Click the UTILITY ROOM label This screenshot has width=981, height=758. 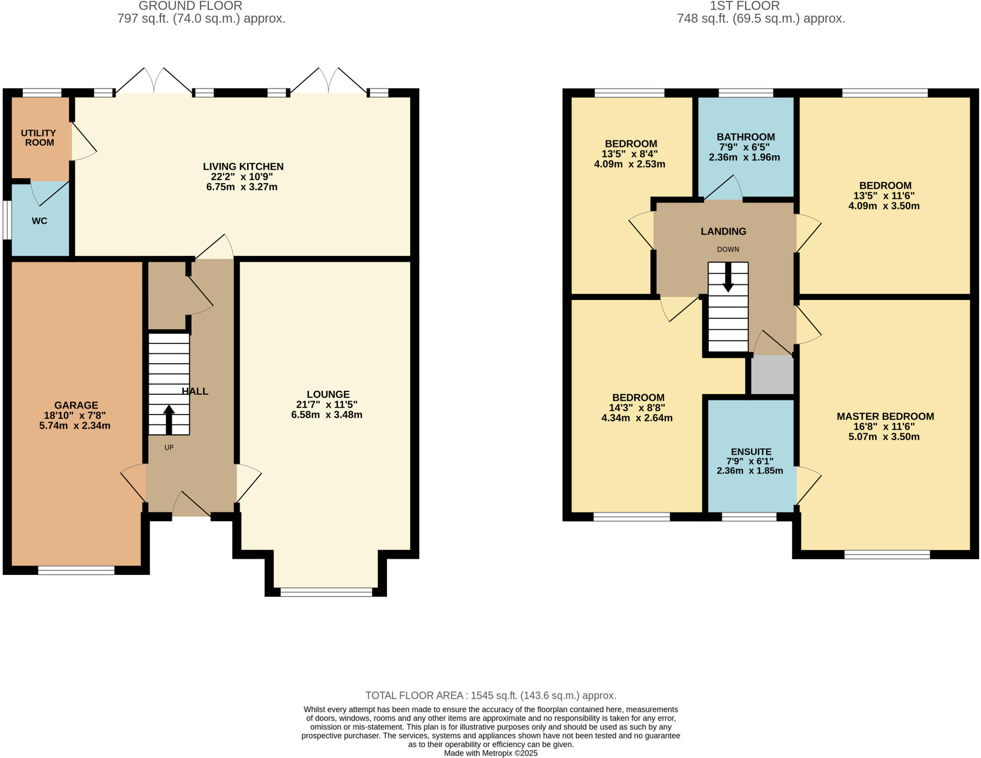click(38, 138)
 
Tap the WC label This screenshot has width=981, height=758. click(39, 221)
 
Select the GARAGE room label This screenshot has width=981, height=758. click(76, 405)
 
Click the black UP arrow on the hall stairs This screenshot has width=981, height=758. click(169, 419)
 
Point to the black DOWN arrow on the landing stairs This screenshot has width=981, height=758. click(728, 277)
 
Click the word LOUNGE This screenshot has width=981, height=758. click(328, 394)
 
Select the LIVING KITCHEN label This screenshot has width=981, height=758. click(243, 167)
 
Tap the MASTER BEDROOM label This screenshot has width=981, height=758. click(885, 416)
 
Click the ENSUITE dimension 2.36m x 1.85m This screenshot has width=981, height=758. click(750, 471)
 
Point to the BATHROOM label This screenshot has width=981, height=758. click(746, 137)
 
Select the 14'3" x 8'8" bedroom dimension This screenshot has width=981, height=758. click(637, 408)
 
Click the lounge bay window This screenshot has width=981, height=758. click(326, 592)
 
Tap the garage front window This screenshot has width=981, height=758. click(76, 570)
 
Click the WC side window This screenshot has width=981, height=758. click(7, 220)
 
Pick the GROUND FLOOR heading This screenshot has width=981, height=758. click(190, 6)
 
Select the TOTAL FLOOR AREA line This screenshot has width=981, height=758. click(490, 695)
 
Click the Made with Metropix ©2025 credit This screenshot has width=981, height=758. click(490, 753)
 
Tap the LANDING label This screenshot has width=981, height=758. click(723, 231)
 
